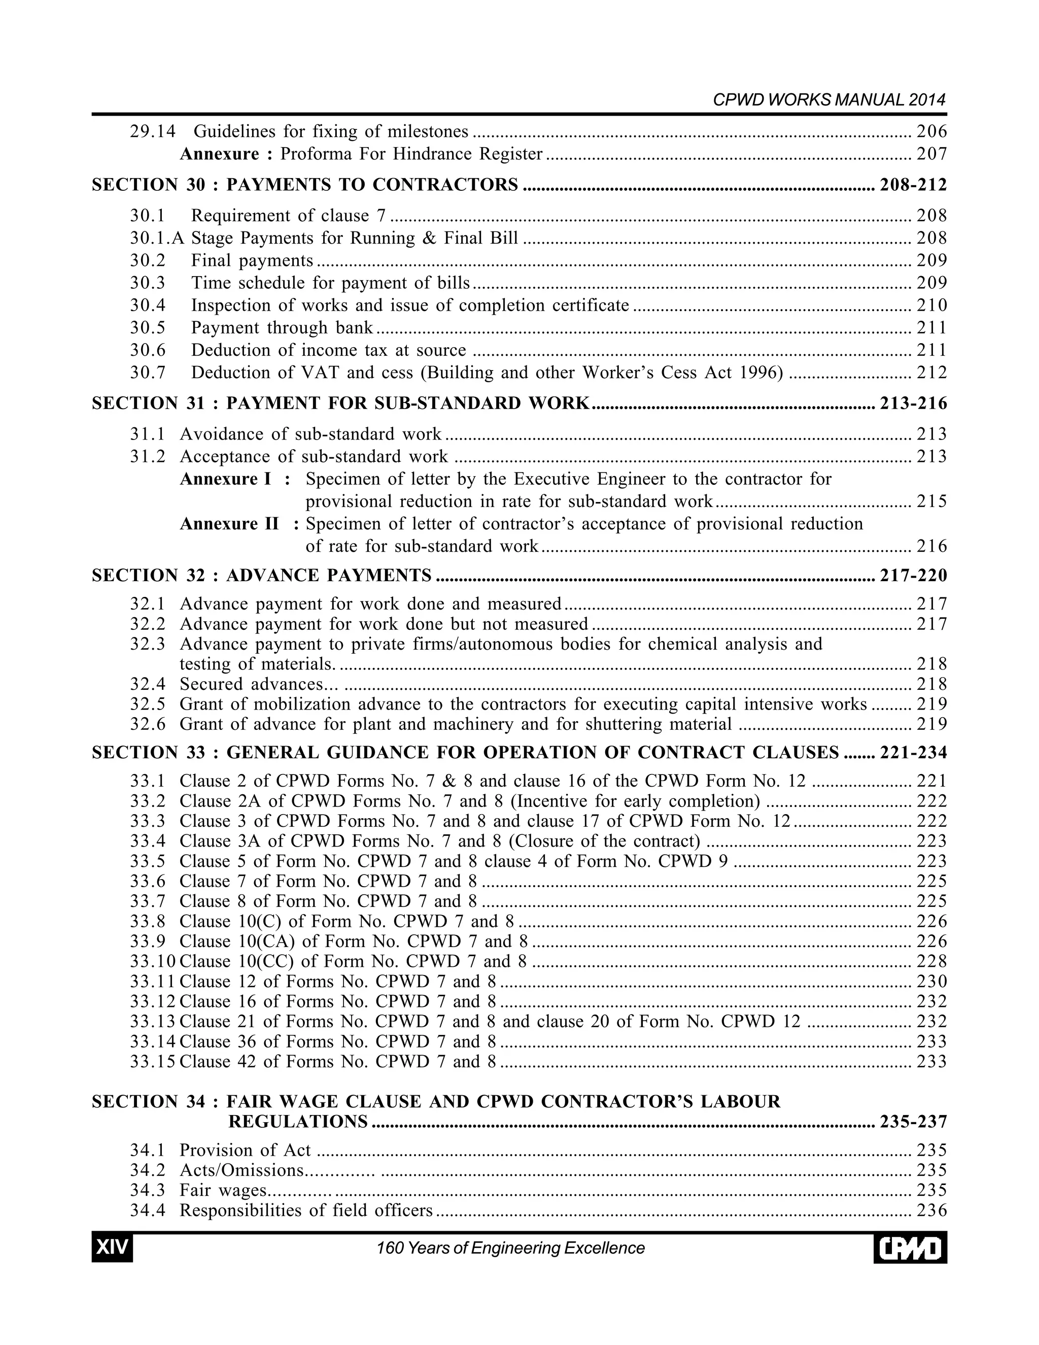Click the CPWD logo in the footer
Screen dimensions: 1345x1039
pyautogui.click(x=910, y=1249)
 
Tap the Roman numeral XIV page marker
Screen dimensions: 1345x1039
pyautogui.click(x=112, y=1248)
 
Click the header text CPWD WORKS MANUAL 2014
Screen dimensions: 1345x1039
pyautogui.click(x=828, y=100)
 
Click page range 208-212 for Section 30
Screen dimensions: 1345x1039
pyautogui.click(x=913, y=185)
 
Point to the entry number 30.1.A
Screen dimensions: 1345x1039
pyautogui.click(x=157, y=239)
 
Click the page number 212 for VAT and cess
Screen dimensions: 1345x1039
pyautogui.click(x=931, y=373)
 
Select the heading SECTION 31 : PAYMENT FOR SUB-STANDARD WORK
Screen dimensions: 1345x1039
pyautogui.click(x=340, y=403)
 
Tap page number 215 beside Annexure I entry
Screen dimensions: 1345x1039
pyautogui.click(x=931, y=501)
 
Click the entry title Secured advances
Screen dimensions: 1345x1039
pyautogui.click(x=251, y=684)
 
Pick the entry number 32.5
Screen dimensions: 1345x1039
pyautogui.click(x=148, y=704)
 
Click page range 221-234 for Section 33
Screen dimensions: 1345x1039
pyautogui.click(x=913, y=753)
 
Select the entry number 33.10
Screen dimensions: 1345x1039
pyautogui.click(x=152, y=961)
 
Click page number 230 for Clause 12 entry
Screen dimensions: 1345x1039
pyautogui.click(x=931, y=982)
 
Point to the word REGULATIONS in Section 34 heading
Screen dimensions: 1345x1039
pyautogui.click(x=298, y=1122)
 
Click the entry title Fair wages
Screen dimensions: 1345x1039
pyautogui.click(x=223, y=1190)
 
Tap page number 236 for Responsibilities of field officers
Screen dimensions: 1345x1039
pyautogui.click(x=931, y=1210)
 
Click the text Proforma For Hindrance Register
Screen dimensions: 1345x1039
pyautogui.click(x=411, y=154)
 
